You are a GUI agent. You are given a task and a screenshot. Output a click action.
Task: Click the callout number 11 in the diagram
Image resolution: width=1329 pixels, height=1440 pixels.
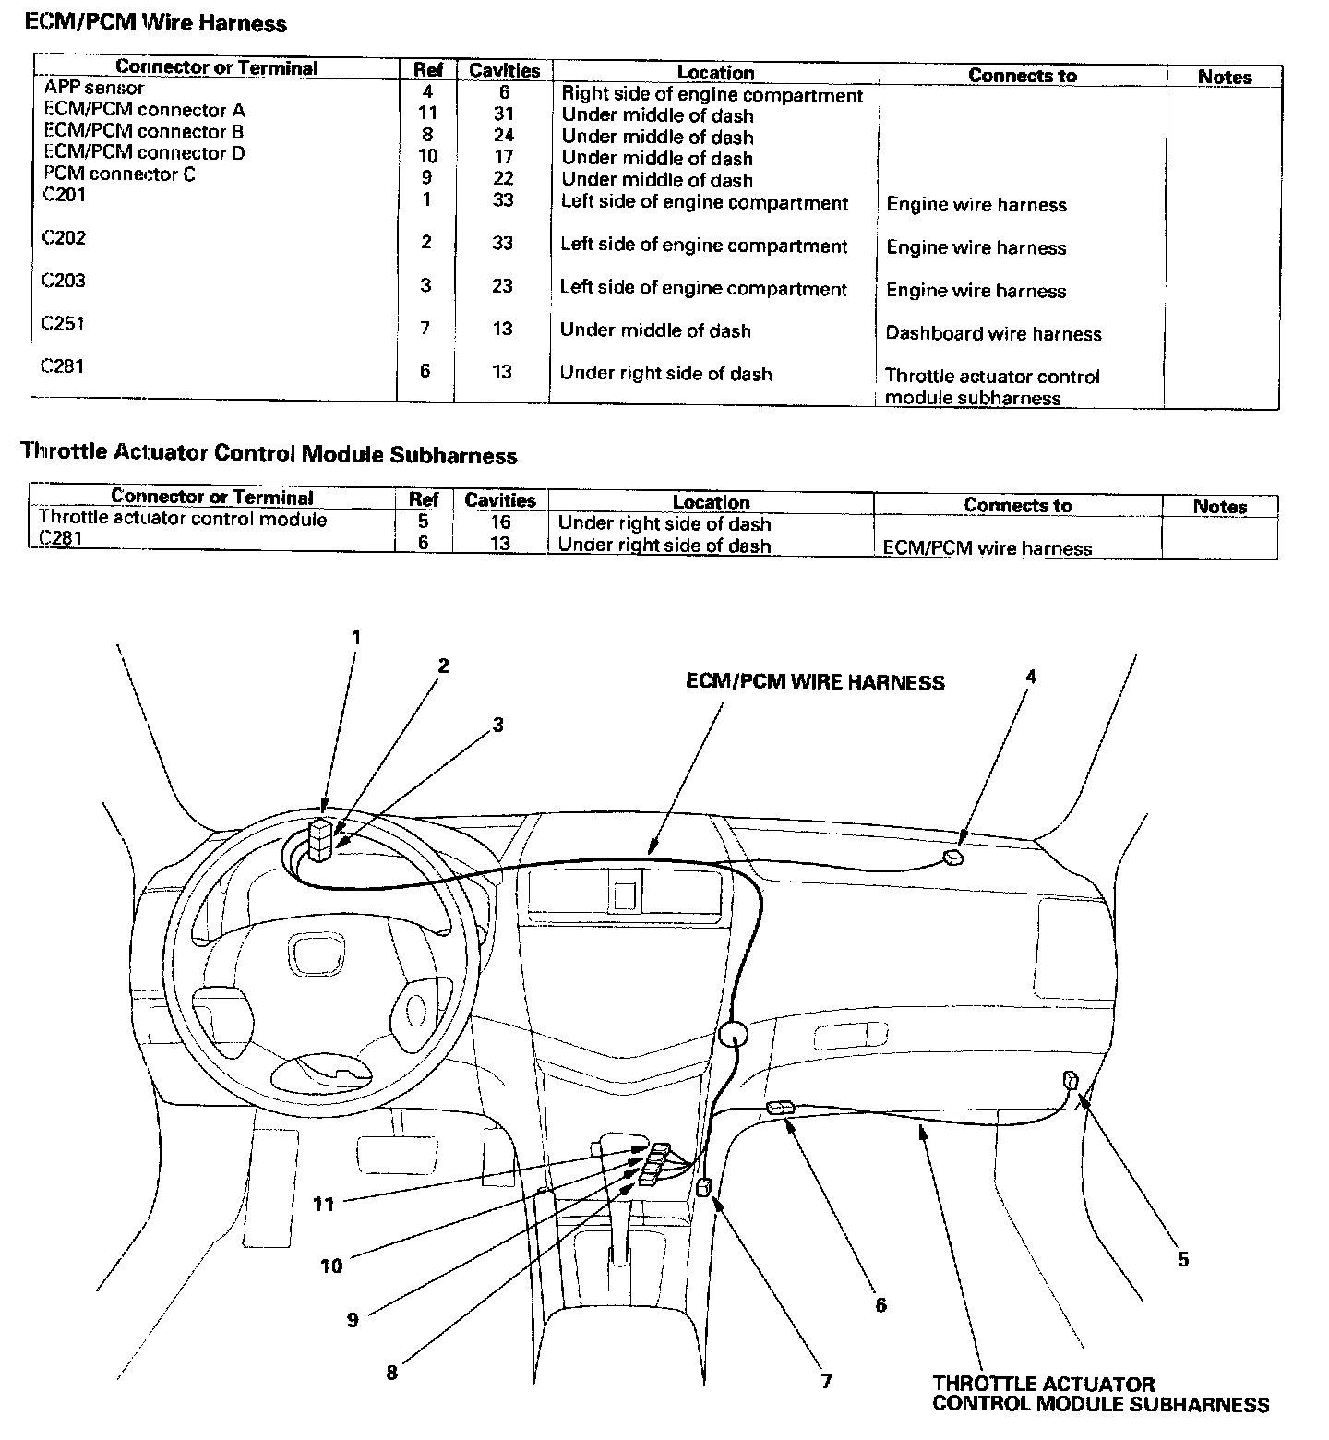pyautogui.click(x=323, y=1204)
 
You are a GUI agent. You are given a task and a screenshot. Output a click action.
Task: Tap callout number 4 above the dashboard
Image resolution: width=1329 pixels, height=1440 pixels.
pyautogui.click(x=1030, y=677)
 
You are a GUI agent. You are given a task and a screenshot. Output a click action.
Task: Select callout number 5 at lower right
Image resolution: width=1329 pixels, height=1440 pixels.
pyautogui.click(x=1183, y=1259)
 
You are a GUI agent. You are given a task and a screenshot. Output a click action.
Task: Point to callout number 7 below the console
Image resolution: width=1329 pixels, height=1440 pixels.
pyautogui.click(x=826, y=1381)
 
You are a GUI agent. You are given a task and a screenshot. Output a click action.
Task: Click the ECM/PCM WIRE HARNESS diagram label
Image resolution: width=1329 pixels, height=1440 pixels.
pyautogui.click(x=815, y=682)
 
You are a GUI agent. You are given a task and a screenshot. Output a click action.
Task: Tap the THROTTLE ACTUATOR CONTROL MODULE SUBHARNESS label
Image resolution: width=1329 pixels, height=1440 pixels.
pyautogui.click(x=1100, y=1394)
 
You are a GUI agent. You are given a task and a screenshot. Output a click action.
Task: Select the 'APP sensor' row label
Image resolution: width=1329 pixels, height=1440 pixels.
pyautogui.click(x=94, y=89)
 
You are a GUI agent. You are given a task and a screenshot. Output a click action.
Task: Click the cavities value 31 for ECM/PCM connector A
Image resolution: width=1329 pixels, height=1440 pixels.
pyautogui.click(x=503, y=114)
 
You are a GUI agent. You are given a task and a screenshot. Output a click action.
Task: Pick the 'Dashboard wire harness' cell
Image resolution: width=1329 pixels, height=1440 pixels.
pyautogui.click(x=993, y=333)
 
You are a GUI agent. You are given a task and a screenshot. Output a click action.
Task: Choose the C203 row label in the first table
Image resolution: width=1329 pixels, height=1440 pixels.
pyautogui.click(x=65, y=281)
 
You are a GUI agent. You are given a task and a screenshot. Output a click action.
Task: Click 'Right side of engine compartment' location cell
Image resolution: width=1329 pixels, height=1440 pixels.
pyautogui.click(x=712, y=95)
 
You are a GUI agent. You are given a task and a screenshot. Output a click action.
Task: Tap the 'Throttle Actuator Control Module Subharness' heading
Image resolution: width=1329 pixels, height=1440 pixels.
pyautogui.click(x=269, y=454)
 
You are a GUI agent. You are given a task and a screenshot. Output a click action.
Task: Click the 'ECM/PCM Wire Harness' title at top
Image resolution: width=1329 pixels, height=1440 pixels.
pyautogui.click(x=156, y=23)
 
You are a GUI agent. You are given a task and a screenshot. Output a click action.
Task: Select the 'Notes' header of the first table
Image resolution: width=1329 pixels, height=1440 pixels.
pyautogui.click(x=1224, y=78)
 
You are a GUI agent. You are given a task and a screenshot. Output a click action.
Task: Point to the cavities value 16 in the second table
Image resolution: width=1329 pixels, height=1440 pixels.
pyautogui.click(x=500, y=522)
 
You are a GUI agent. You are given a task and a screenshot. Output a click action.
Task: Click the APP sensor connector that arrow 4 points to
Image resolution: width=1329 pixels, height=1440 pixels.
pyautogui.click(x=952, y=858)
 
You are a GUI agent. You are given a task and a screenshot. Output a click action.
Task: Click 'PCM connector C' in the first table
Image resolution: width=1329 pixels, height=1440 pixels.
pyautogui.click(x=120, y=174)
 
